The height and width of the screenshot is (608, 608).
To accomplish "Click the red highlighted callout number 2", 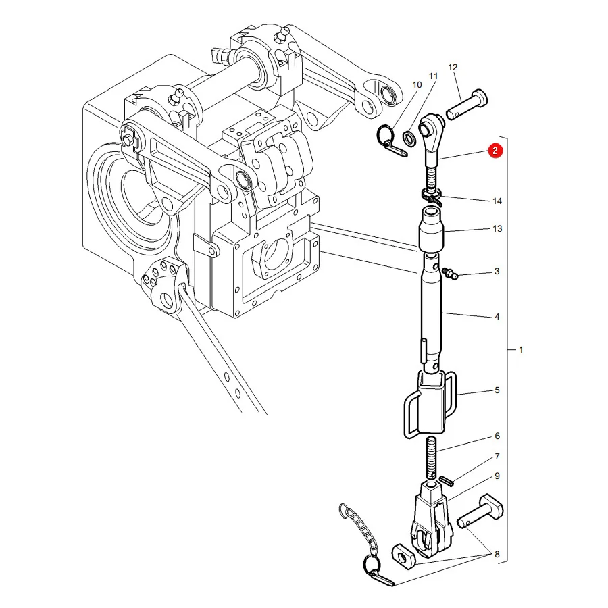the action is [x=495, y=151].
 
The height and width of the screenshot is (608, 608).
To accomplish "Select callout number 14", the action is [x=497, y=201].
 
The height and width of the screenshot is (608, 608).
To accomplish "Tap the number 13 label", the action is [x=497, y=228].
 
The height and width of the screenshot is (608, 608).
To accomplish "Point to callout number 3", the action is [x=497, y=271].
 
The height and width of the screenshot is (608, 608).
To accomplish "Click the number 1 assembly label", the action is [x=521, y=349].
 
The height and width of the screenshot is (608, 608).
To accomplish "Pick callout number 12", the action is [x=453, y=67].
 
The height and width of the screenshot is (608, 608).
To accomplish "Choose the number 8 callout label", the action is [x=497, y=554].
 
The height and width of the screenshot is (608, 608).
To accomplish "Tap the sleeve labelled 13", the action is [x=431, y=229].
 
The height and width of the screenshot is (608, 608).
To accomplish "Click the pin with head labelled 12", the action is [x=467, y=104].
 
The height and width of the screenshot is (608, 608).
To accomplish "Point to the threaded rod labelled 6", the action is [x=432, y=458].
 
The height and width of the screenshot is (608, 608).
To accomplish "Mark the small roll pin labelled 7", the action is [x=446, y=481].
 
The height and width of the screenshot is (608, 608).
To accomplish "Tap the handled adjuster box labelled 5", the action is [x=430, y=403].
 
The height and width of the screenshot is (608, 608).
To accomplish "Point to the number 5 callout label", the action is [x=497, y=390].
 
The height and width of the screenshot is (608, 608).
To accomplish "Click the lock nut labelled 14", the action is [x=431, y=196].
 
